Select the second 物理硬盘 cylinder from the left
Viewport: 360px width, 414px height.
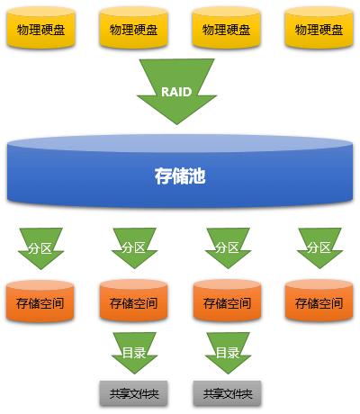(x=132, y=29)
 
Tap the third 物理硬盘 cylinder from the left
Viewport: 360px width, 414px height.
(x=226, y=29)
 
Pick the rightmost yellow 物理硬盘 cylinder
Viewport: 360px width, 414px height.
(x=319, y=29)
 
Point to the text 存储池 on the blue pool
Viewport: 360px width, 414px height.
(x=179, y=175)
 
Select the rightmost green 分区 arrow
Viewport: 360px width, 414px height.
(x=319, y=246)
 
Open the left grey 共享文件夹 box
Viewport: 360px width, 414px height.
(x=132, y=393)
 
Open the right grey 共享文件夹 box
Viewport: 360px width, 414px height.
(x=227, y=393)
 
